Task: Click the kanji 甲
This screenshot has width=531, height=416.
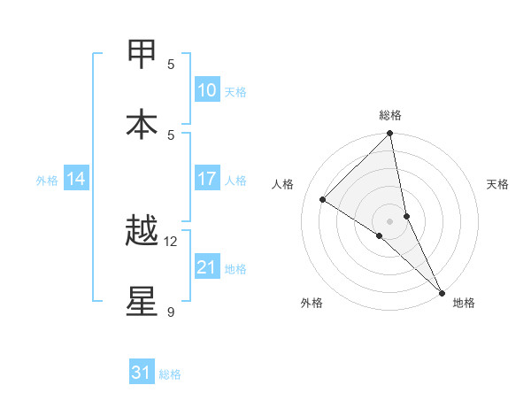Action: pyautogui.click(x=142, y=54)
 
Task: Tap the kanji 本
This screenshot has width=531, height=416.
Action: pyautogui.click(x=142, y=125)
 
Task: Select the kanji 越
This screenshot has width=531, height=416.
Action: pyautogui.click(x=142, y=232)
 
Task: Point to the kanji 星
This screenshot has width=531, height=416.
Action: pyautogui.click(x=142, y=302)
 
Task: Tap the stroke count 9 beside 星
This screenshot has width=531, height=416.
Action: pyautogui.click(x=171, y=312)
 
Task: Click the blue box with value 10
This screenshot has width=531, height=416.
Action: pyautogui.click(x=207, y=89)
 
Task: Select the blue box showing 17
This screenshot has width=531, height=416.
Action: pyautogui.click(x=207, y=179)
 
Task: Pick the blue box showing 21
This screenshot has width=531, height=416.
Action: pyautogui.click(x=207, y=267)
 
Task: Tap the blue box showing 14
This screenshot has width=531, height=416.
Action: pyautogui.click(x=76, y=179)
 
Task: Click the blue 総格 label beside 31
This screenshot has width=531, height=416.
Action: pyautogui.click(x=170, y=374)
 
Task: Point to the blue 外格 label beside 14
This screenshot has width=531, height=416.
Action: pyautogui.click(x=47, y=181)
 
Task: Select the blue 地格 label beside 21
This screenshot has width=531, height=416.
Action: pyautogui.click(x=236, y=269)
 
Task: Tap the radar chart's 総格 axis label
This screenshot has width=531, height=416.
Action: pyautogui.click(x=389, y=115)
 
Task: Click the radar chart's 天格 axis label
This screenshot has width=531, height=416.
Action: pyautogui.click(x=497, y=184)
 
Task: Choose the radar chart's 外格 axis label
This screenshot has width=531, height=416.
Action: pyautogui.click(x=312, y=303)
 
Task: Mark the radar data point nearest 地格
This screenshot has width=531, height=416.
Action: pyautogui.click(x=442, y=292)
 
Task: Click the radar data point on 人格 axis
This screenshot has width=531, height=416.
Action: pyautogui.click(x=323, y=199)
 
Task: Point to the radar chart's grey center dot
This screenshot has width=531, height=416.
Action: pyautogui.click(x=389, y=220)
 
